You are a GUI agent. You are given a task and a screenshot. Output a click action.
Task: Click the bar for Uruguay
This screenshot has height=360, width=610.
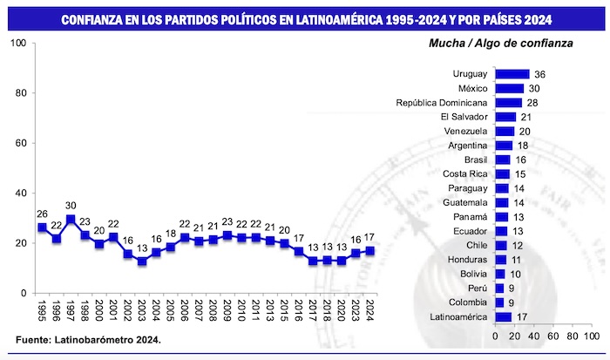pyautogui.click(x=512, y=74)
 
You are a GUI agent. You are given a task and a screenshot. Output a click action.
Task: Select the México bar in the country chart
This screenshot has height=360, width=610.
pyautogui.click(x=510, y=88)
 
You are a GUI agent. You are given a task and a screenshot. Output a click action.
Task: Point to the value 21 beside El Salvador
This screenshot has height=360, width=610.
pyautogui.click(x=525, y=117)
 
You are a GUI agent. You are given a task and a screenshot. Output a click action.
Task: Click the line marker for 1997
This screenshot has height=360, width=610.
pyautogui.click(x=70, y=219)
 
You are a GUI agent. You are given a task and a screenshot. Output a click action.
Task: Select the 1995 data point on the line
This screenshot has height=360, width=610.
pyautogui.click(x=42, y=228)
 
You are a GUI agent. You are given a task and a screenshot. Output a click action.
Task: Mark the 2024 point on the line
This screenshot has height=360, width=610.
pyautogui.click(x=369, y=250)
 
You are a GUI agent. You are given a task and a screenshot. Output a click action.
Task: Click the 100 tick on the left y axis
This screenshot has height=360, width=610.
pyautogui.click(x=16, y=44)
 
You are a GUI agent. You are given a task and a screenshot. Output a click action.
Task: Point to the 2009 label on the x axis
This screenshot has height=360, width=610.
pyautogui.click(x=227, y=311)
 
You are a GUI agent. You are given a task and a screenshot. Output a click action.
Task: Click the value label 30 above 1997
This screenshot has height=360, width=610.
pyautogui.click(x=70, y=206)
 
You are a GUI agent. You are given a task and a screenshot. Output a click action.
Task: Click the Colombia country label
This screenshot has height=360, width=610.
pyautogui.click(x=464, y=302)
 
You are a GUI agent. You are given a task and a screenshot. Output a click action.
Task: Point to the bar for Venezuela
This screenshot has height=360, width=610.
pyautogui.click(x=505, y=131)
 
